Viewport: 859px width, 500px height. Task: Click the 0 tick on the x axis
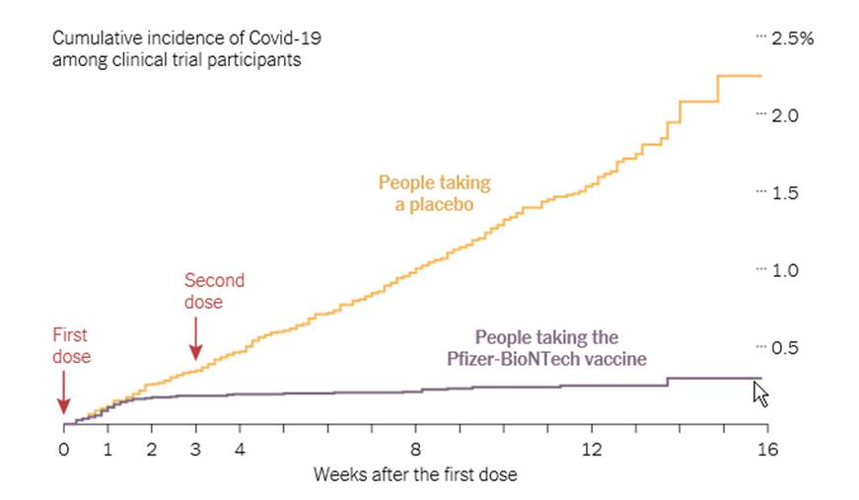pyautogui.click(x=63, y=450)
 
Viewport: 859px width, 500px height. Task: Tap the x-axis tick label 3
pyautogui.click(x=195, y=450)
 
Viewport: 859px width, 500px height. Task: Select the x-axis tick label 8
pyautogui.click(x=415, y=450)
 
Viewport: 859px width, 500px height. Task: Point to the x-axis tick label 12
pyautogui.click(x=591, y=450)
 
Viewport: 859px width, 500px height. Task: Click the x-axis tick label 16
pyautogui.click(x=767, y=450)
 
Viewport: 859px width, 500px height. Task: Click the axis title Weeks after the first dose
pyautogui.click(x=415, y=474)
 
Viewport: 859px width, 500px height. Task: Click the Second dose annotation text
pyautogui.click(x=214, y=291)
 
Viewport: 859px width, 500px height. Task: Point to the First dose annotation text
pyautogui.click(x=71, y=346)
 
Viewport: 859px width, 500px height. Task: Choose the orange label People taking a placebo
pyautogui.click(x=434, y=193)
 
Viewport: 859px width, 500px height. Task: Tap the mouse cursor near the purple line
pyautogui.click(x=760, y=393)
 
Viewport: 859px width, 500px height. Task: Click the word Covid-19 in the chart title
pyautogui.click(x=285, y=38)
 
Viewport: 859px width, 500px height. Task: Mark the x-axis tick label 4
pyautogui.click(x=239, y=450)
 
